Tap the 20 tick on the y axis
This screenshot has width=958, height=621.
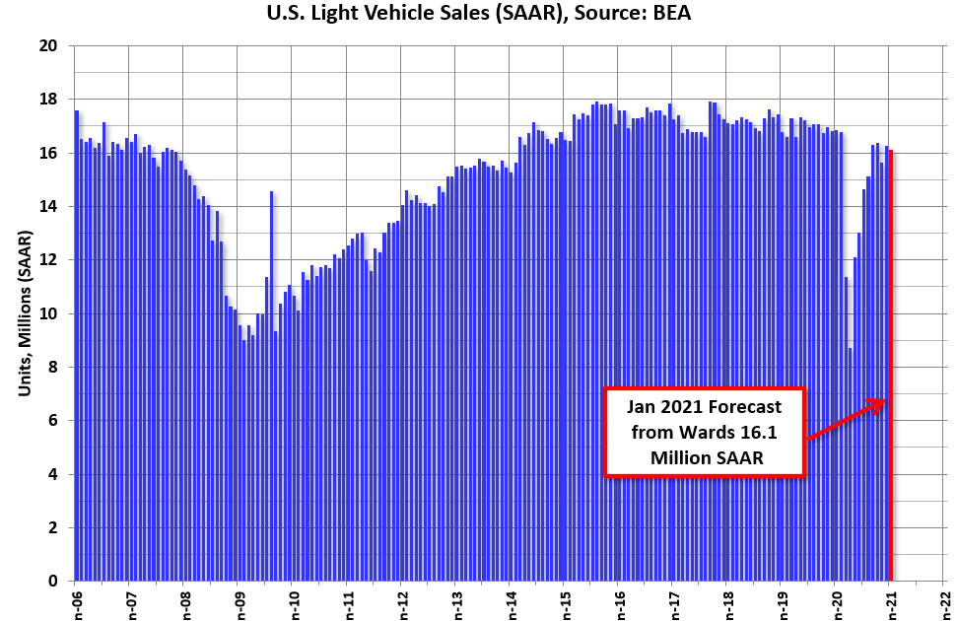point(48,46)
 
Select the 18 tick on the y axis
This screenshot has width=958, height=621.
point(48,100)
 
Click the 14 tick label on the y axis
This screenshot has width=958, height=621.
point(48,207)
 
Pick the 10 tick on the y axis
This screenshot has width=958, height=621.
point(48,313)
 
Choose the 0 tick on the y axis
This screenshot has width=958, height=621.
point(52,582)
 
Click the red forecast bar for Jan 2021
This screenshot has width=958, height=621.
point(891,375)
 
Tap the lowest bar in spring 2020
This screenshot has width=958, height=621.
point(850,463)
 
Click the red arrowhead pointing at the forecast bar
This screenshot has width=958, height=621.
point(880,402)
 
